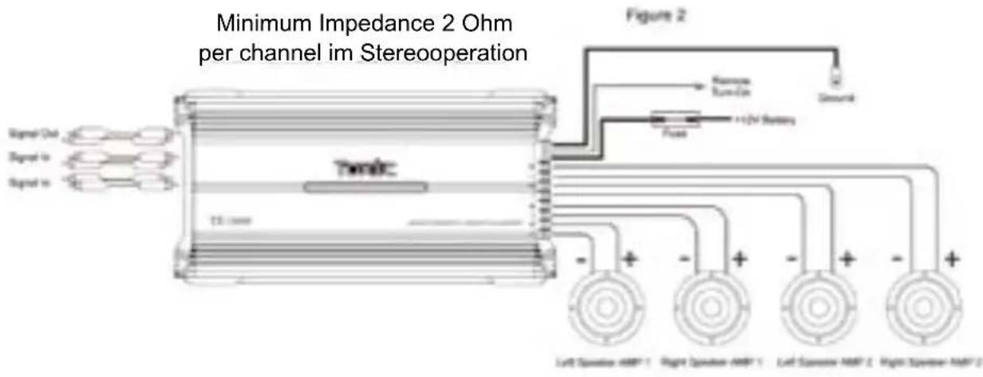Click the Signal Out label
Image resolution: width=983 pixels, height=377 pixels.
click(30, 135)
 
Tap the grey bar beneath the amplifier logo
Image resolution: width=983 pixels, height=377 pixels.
click(365, 189)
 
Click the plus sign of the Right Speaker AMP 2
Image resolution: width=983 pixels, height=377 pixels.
click(951, 259)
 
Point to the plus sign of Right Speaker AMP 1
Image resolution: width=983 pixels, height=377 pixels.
click(739, 259)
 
